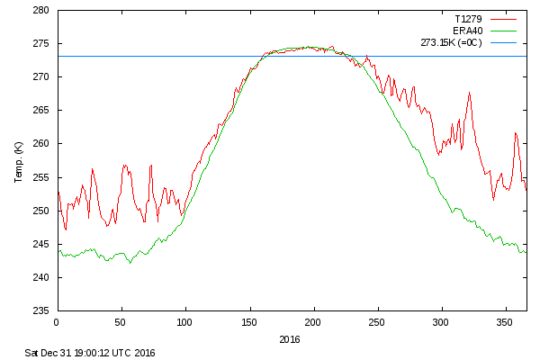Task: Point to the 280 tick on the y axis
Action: pyautogui.click(x=42, y=11)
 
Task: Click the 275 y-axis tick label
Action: pyautogui.click(x=42, y=44)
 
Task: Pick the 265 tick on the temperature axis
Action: pyautogui.click(x=42, y=111)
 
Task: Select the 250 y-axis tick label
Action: pyautogui.click(x=42, y=211)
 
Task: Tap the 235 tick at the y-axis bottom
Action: pyautogui.click(x=42, y=310)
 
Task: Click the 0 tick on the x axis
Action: pyautogui.click(x=57, y=322)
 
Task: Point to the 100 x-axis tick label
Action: pyautogui.click(x=184, y=322)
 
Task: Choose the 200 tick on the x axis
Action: pyautogui.click(x=313, y=322)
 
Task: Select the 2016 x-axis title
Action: pyautogui.click(x=290, y=339)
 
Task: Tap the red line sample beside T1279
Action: pyautogui.click(x=505, y=18)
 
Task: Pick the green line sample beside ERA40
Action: pyautogui.click(x=505, y=30)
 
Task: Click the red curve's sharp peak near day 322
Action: pyautogui.click(x=469, y=93)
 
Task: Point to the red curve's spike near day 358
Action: pyautogui.click(x=516, y=133)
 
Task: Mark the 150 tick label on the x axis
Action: pyautogui.click(x=249, y=322)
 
